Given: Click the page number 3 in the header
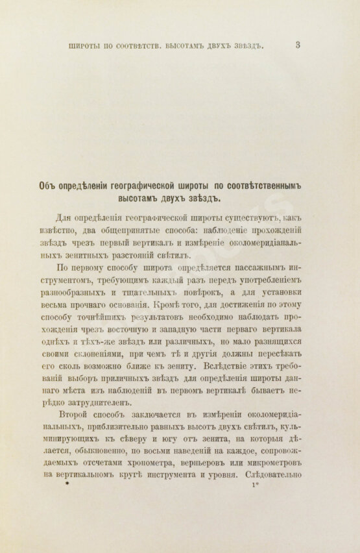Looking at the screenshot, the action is click(297, 45).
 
